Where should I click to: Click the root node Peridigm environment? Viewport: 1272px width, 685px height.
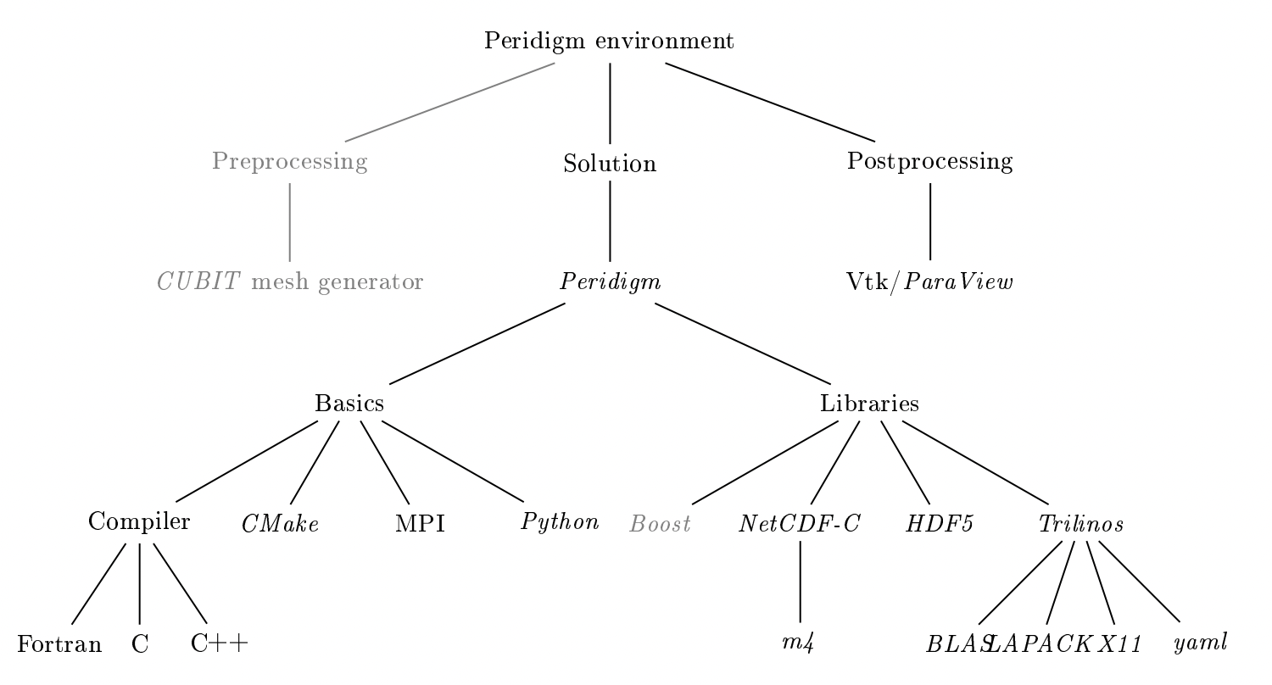pos(609,42)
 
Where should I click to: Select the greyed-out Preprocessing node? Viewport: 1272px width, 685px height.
pos(290,162)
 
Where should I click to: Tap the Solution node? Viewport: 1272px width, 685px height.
pos(610,164)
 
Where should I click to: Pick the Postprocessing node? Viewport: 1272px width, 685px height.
pos(929,162)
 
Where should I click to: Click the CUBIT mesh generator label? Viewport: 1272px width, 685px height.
pos(290,281)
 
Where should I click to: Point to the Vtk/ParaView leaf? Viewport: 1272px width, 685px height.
pos(929,281)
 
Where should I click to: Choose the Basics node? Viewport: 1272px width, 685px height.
pos(349,404)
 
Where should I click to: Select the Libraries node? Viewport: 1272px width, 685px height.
pos(869,404)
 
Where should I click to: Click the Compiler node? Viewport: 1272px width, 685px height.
pos(139,522)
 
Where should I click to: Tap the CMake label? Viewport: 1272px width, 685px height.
pos(279,524)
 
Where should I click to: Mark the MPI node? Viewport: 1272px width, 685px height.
pos(420,524)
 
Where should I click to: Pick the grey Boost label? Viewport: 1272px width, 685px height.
pos(660,524)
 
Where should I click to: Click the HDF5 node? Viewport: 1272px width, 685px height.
pos(939,524)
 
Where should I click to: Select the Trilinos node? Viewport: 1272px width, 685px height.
pos(1081,524)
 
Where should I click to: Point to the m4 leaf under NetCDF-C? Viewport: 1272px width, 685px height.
pos(800,643)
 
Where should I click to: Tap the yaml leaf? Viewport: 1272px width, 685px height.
pos(1199,643)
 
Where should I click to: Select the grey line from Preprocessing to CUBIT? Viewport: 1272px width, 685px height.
pos(290,221)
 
